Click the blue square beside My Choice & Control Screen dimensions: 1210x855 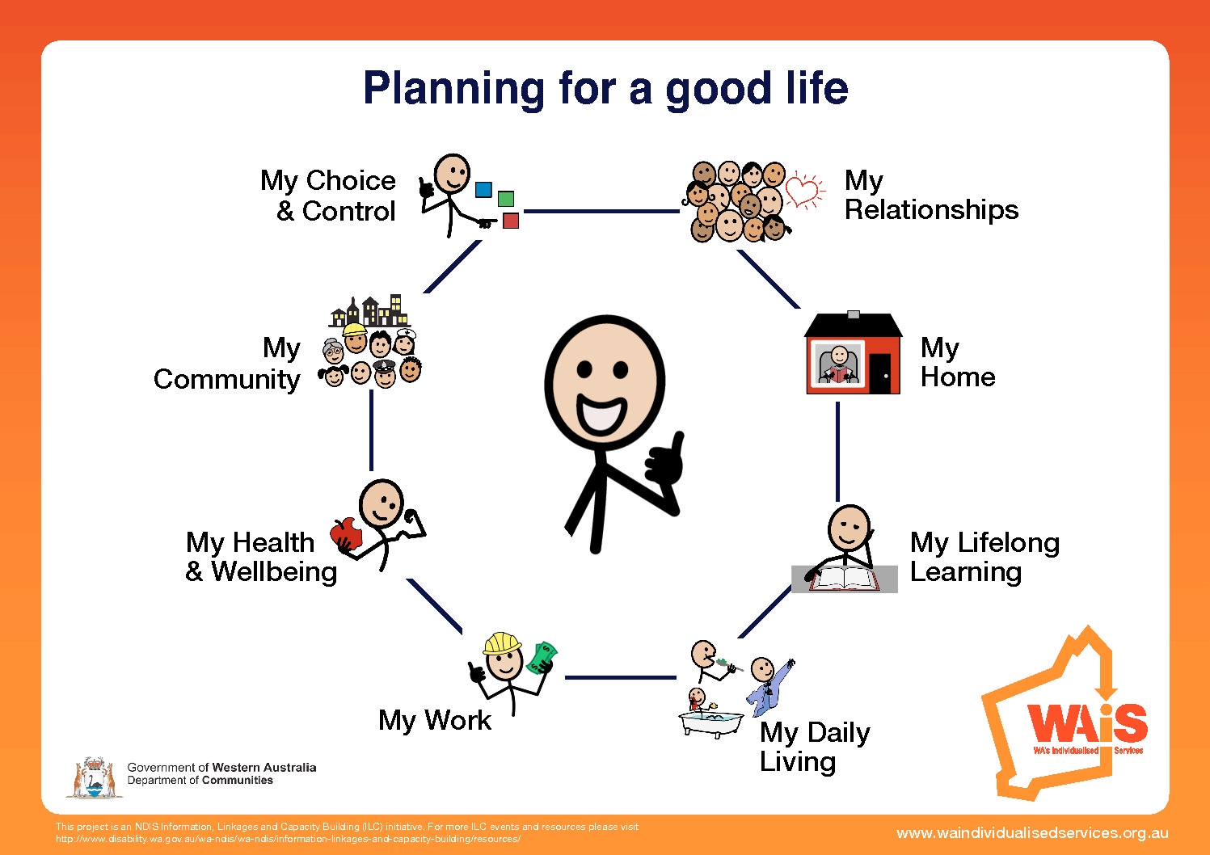483,190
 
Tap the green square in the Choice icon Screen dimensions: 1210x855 506,199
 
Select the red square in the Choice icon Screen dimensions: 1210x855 511,221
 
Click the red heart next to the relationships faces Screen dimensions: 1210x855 803,192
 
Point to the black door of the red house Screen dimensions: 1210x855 880,373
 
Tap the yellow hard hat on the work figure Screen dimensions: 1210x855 502,643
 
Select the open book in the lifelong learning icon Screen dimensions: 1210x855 843,579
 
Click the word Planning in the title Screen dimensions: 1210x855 454,89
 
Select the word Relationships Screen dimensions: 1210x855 931,209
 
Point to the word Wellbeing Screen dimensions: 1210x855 274,572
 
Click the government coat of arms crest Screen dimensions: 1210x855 95,777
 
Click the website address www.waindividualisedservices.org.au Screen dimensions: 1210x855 1032,833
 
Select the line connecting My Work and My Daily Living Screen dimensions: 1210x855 621,677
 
